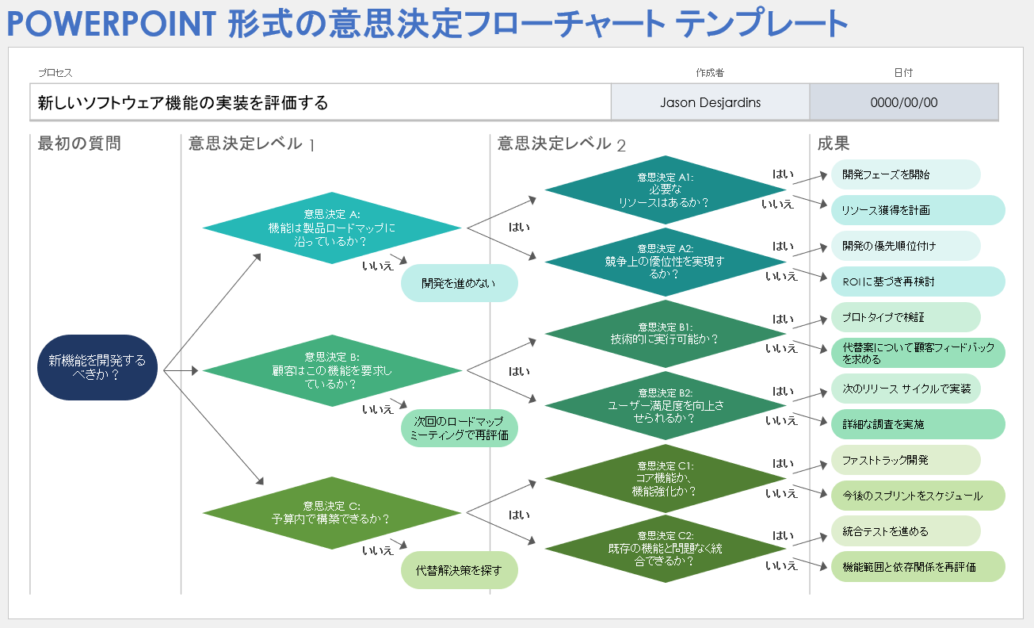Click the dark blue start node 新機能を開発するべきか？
pyautogui.click(x=97, y=367)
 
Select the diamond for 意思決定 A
pyautogui.click(x=331, y=228)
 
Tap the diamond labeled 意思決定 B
pyautogui.click(x=331, y=370)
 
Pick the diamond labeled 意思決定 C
pyautogui.click(x=331, y=512)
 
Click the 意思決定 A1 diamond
pyautogui.click(x=664, y=190)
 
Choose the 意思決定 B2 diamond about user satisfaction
pyautogui.click(x=664, y=405)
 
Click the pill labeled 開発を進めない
pyautogui.click(x=459, y=283)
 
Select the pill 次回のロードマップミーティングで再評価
pyautogui.click(x=459, y=428)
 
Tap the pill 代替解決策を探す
pyautogui.click(x=459, y=570)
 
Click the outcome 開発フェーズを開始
pyautogui.click(x=906, y=174)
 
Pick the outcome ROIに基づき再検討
pyautogui.click(x=918, y=281)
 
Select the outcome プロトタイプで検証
pyautogui.click(x=906, y=317)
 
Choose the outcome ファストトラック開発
pyautogui.click(x=906, y=460)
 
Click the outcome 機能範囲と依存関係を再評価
pyautogui.click(x=918, y=567)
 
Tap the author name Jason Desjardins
pyautogui.click(x=709, y=102)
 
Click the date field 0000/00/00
pyautogui.click(x=903, y=102)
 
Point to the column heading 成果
pyautogui.click(x=834, y=144)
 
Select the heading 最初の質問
pyautogui.click(x=79, y=144)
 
